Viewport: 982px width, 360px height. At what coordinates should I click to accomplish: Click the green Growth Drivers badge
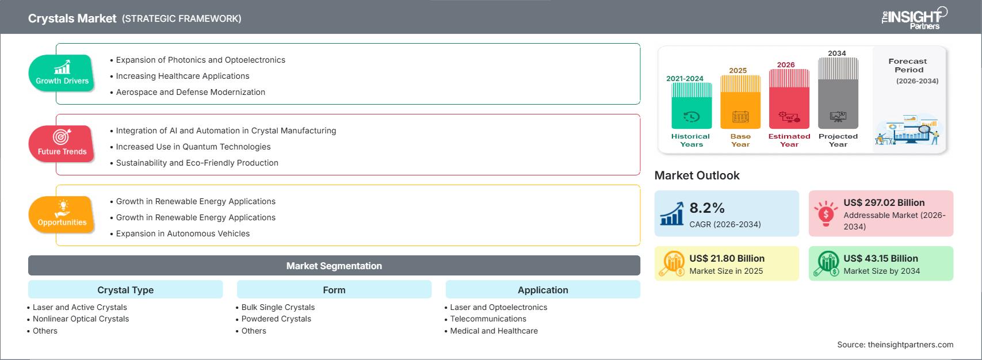[62, 73]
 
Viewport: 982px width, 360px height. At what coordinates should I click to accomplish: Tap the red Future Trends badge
[62, 143]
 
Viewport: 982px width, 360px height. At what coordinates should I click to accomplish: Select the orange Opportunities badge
[62, 215]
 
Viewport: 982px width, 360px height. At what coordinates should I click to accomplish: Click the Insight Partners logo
[914, 18]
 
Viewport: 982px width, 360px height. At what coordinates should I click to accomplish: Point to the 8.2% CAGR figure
[706, 208]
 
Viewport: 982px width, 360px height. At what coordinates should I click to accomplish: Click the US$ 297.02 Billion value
[884, 202]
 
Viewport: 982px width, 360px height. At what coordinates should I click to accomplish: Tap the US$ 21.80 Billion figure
[727, 258]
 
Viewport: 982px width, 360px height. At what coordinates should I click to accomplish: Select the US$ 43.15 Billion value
[880, 258]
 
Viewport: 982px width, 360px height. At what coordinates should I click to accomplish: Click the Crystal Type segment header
[125, 290]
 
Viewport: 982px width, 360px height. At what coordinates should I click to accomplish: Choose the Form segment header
[334, 290]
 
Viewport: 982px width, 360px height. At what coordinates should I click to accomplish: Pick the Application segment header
[542, 290]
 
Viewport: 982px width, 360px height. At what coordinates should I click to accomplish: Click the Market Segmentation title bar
[334, 266]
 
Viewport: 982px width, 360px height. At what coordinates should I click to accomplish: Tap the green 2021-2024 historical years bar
[691, 106]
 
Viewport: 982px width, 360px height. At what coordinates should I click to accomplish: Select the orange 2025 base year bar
[740, 102]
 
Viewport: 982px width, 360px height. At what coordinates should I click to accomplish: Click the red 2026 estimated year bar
[789, 99]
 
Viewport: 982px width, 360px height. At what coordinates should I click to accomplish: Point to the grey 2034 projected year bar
[838, 93]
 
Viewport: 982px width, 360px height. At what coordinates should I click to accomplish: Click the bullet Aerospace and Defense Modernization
[190, 92]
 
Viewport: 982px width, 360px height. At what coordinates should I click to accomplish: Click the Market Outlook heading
[697, 175]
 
